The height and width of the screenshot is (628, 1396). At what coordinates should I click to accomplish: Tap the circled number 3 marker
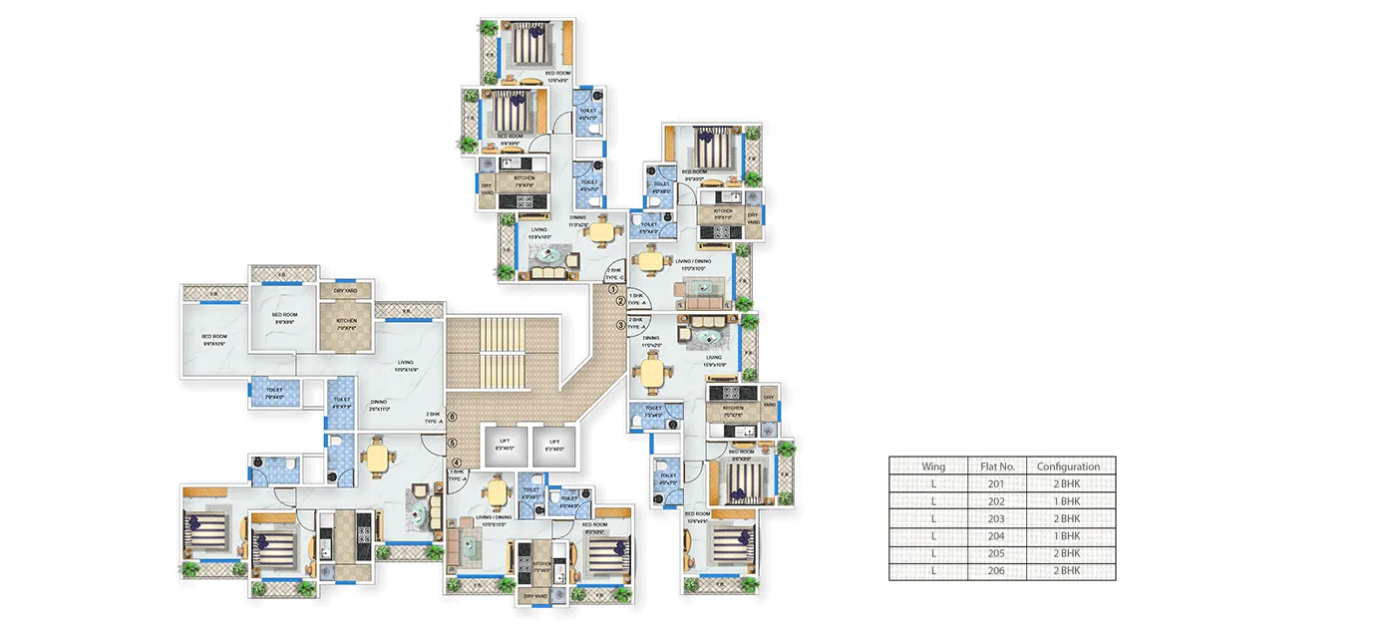(x=620, y=324)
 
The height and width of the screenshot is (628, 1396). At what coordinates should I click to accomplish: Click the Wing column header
(x=933, y=467)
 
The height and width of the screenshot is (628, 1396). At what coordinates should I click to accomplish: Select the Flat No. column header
(x=997, y=467)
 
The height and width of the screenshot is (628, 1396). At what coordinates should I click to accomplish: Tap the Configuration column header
(x=1068, y=467)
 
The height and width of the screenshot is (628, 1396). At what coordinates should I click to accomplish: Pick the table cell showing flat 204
(x=997, y=536)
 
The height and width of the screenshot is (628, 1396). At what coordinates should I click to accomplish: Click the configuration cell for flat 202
(x=1068, y=501)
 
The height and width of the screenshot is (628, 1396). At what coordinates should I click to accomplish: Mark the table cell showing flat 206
(x=997, y=571)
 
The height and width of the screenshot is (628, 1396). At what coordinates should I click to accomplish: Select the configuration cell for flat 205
(x=1068, y=553)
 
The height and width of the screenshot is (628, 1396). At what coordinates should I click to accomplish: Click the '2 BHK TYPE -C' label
(x=614, y=272)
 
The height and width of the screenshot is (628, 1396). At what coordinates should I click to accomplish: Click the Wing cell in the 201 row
(x=933, y=483)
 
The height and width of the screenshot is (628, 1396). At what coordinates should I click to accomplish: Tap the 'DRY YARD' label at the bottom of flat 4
(x=534, y=596)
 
